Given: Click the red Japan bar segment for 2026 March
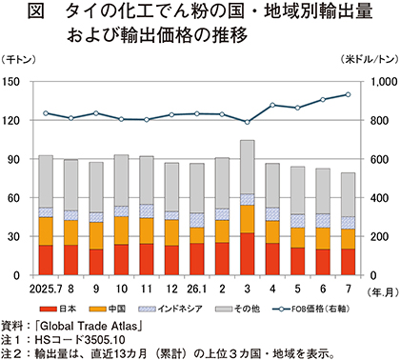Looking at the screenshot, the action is click(248, 254).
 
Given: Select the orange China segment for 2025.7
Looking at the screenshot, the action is click(46, 231).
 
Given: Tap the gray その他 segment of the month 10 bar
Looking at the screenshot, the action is click(121, 180).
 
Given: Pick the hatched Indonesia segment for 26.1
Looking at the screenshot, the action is click(197, 220).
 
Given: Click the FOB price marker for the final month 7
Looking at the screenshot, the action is click(348, 94).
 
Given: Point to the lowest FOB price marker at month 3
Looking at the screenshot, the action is click(248, 122).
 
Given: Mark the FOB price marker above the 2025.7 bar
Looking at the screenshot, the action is click(46, 113).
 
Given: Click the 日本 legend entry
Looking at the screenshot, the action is click(58, 309).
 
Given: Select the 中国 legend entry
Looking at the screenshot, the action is click(108, 309).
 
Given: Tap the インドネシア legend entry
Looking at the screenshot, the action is click(170, 309).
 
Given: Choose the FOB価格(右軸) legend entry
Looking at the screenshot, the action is click(311, 309).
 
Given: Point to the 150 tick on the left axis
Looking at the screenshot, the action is click(11, 82).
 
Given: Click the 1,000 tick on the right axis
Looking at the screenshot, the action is click(384, 82).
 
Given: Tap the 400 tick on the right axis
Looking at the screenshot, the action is click(379, 198).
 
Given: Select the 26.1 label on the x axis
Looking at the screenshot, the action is click(197, 289).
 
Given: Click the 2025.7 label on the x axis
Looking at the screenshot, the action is click(46, 289).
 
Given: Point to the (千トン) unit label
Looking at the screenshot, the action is click(18, 59).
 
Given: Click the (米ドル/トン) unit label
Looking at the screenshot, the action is click(370, 59).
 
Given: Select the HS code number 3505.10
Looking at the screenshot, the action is click(105, 340).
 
